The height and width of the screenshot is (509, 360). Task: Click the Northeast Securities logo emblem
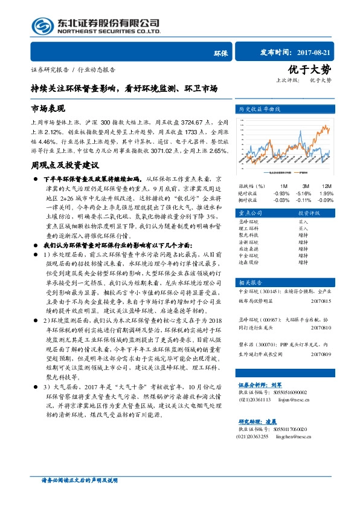(x=42, y=25)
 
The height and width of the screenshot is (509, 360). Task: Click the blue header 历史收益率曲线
(x=260, y=109)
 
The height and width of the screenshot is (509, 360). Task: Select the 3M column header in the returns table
(x=306, y=186)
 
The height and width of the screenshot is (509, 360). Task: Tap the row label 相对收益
(x=248, y=199)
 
